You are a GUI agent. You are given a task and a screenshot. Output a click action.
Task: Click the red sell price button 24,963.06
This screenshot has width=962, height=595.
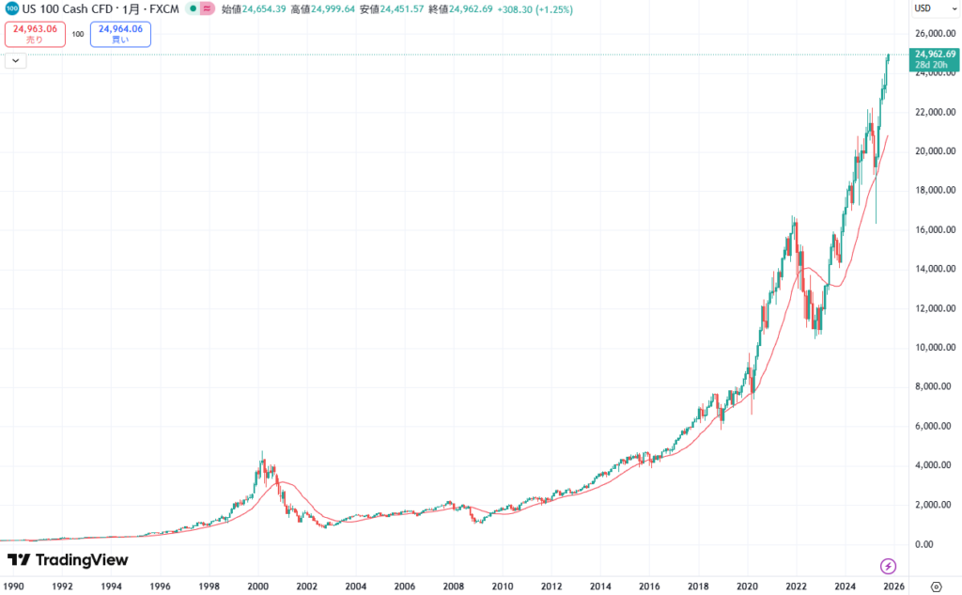pos(35,34)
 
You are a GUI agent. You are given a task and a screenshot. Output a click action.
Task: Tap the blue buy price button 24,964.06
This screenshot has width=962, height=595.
pos(120,34)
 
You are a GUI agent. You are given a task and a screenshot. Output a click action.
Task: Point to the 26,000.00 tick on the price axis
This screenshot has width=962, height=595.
pos(935,34)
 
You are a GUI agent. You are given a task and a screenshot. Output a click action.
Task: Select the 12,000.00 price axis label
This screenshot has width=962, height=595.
pos(935,308)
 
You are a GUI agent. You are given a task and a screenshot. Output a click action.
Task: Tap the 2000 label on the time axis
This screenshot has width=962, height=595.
pos(258,585)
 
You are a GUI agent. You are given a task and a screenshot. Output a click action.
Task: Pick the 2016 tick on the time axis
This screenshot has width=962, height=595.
pos(649,585)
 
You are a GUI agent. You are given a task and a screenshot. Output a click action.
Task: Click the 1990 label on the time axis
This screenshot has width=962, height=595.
pos(13,585)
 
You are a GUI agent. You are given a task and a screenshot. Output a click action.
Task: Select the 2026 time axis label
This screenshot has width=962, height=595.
pos(893,585)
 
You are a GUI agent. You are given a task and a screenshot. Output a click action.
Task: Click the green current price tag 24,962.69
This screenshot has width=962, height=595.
pos(935,59)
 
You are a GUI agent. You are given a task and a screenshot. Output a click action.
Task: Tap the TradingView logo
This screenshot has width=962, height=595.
pos(67,560)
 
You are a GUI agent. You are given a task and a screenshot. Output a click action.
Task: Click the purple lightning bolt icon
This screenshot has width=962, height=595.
pos(888,566)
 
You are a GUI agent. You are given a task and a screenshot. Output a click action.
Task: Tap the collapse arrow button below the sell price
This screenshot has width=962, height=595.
pos(16,61)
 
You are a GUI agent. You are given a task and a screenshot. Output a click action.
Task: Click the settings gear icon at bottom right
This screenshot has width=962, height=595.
pos(936,585)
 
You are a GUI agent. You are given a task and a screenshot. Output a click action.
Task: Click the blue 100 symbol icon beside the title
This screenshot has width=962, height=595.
pos(11,9)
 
